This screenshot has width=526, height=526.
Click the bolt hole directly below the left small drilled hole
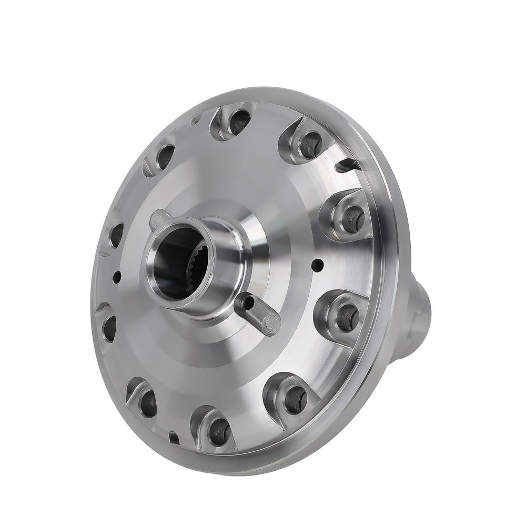point(109,325)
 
